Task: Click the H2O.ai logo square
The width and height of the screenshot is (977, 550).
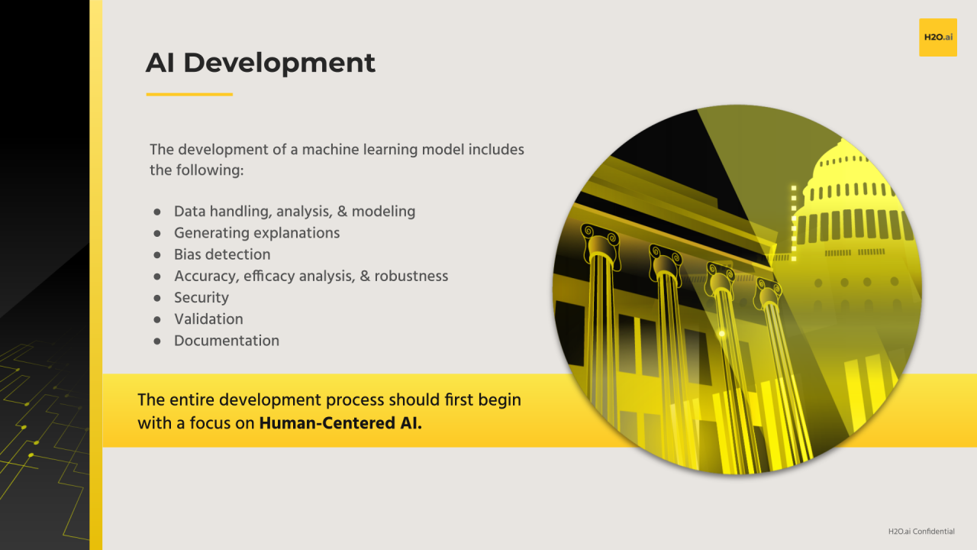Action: [x=937, y=37]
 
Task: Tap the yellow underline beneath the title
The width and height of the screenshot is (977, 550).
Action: [x=189, y=95]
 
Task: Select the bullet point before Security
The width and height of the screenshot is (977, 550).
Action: [x=157, y=298]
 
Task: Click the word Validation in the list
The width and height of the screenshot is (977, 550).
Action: [x=208, y=319]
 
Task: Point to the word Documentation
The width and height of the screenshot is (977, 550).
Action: [x=227, y=341]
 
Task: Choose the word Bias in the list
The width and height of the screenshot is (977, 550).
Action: [x=188, y=254]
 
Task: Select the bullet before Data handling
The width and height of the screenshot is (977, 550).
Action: [x=157, y=212]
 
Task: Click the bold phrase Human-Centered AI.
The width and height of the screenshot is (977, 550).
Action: [x=340, y=422]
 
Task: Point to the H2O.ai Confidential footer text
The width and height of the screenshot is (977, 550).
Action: [x=921, y=532]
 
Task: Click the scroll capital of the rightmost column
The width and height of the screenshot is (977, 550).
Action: [x=769, y=291]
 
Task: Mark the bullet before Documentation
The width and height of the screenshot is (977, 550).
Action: [x=157, y=341]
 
